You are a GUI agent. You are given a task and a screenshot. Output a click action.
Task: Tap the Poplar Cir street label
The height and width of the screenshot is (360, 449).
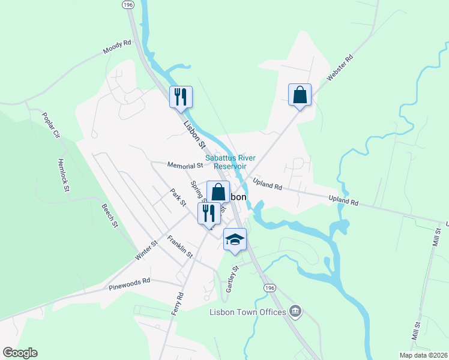point(49,124)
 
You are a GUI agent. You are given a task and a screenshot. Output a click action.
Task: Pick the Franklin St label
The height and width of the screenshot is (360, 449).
point(180,247)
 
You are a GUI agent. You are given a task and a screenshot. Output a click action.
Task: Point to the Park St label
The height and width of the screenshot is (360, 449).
point(178,198)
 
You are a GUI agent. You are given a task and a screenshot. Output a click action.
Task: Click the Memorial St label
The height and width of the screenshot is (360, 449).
point(185,166)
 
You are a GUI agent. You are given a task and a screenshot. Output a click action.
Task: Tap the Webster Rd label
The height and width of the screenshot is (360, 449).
point(339,68)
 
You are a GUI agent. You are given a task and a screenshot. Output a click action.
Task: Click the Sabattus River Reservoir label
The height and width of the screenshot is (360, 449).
point(226,162)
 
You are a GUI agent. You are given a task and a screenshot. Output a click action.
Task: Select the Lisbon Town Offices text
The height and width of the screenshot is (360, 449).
point(247,312)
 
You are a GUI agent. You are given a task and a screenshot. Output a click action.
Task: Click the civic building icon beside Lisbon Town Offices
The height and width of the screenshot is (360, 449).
point(295,311)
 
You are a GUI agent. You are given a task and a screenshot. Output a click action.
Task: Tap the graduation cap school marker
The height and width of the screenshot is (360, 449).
point(235,240)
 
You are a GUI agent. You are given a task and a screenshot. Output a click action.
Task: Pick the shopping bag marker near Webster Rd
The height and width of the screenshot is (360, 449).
point(300,95)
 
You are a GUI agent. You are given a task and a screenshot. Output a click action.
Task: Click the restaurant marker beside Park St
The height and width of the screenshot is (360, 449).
point(209,213)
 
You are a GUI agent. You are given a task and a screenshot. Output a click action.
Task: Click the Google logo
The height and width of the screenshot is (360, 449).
point(20,353)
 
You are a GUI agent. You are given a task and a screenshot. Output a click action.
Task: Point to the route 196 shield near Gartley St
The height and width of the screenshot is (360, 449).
point(270,289)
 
